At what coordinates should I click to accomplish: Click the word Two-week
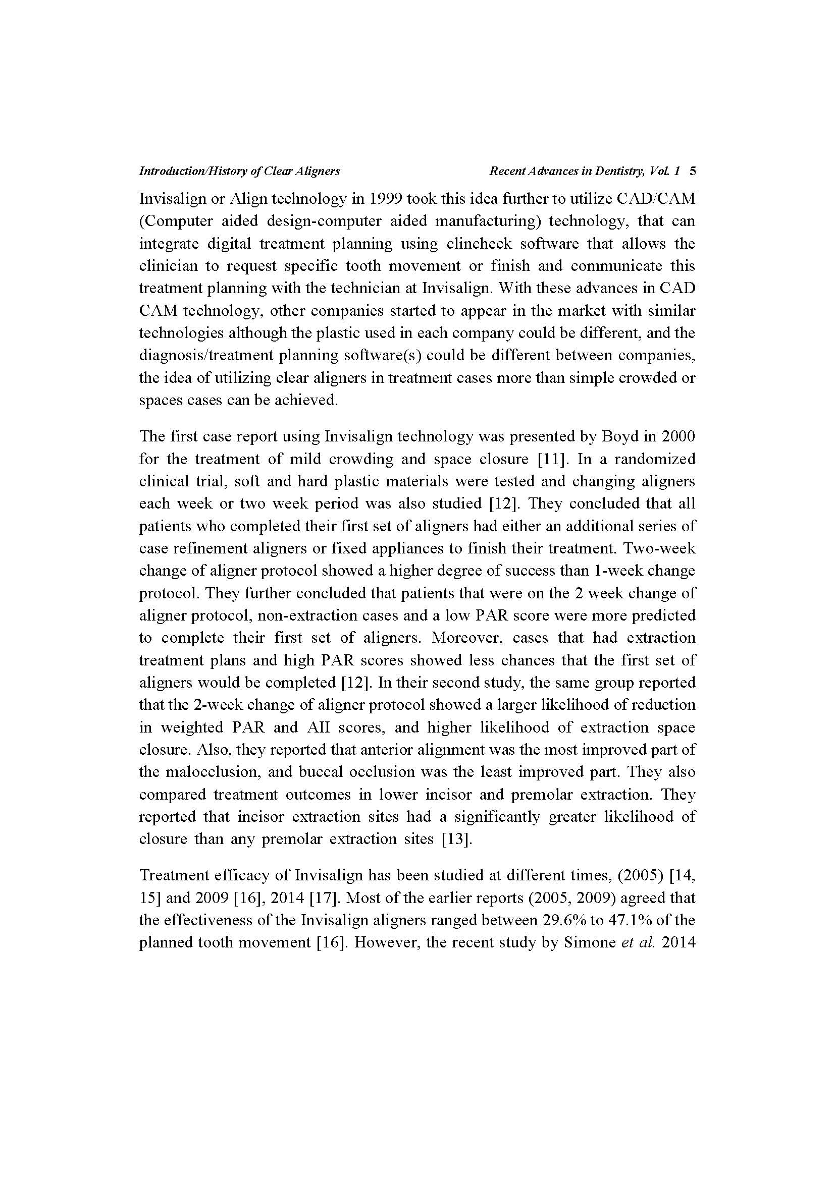(x=660, y=548)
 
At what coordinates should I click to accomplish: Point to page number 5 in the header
(x=692, y=171)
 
